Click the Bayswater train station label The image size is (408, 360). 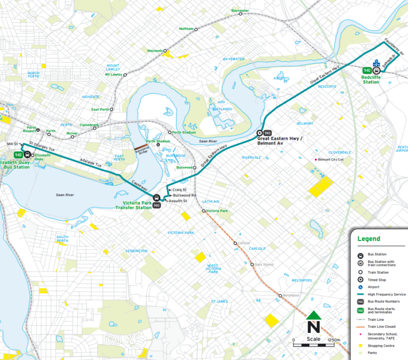pos(240,11)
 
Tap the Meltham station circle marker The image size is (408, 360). pos(195,29)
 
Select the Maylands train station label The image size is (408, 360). pos(155,51)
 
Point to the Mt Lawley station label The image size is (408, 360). pos(113,74)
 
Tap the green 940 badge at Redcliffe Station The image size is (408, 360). pos(367,70)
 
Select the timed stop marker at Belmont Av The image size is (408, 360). pos(260,133)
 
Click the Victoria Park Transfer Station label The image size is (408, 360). pos(134,205)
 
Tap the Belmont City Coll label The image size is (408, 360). pos(332,159)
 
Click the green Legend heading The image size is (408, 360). pos(369,239)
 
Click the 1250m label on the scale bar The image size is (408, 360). pos(334,340)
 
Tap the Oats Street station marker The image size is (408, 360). pos(252,264)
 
